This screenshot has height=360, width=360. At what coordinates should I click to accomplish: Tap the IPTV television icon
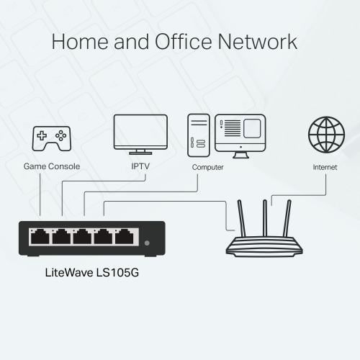click(140, 132)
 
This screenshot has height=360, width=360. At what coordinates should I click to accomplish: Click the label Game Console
click(52, 167)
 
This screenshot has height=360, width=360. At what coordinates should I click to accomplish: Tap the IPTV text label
click(140, 167)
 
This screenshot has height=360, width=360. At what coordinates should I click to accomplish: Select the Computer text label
click(207, 167)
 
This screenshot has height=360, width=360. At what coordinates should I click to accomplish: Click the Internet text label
click(325, 167)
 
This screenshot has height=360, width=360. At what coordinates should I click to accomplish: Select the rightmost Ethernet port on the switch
click(127, 235)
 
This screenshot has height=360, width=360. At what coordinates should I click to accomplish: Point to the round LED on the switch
click(148, 243)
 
